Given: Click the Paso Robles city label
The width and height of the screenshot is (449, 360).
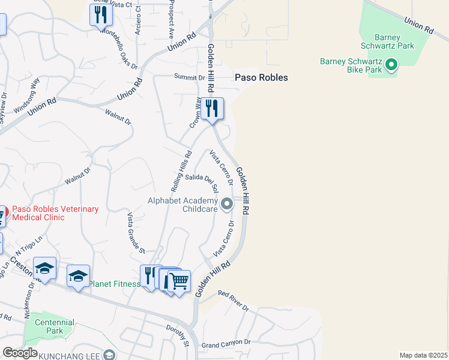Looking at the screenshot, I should coord(261,77).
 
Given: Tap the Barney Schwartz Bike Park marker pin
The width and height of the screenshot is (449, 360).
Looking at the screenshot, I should coord(391,64).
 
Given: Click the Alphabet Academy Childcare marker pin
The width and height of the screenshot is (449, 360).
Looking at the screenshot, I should coord(227,205).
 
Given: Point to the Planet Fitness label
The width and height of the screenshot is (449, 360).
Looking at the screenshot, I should coord(115,283).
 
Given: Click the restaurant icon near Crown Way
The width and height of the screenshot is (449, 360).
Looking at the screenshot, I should coord(212,109).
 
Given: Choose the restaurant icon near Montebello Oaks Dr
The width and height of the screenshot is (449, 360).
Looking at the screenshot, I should coord(101,14).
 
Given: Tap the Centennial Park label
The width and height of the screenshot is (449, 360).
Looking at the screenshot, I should coord(54,326).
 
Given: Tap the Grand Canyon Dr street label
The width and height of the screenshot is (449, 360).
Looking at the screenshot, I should coord(226,344).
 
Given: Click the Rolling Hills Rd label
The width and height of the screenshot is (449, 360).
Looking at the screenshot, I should coord(185,167).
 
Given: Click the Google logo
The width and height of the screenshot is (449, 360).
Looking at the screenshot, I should coord(19,353).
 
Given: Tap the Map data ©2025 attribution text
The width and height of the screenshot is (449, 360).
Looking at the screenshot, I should coord(424,355).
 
